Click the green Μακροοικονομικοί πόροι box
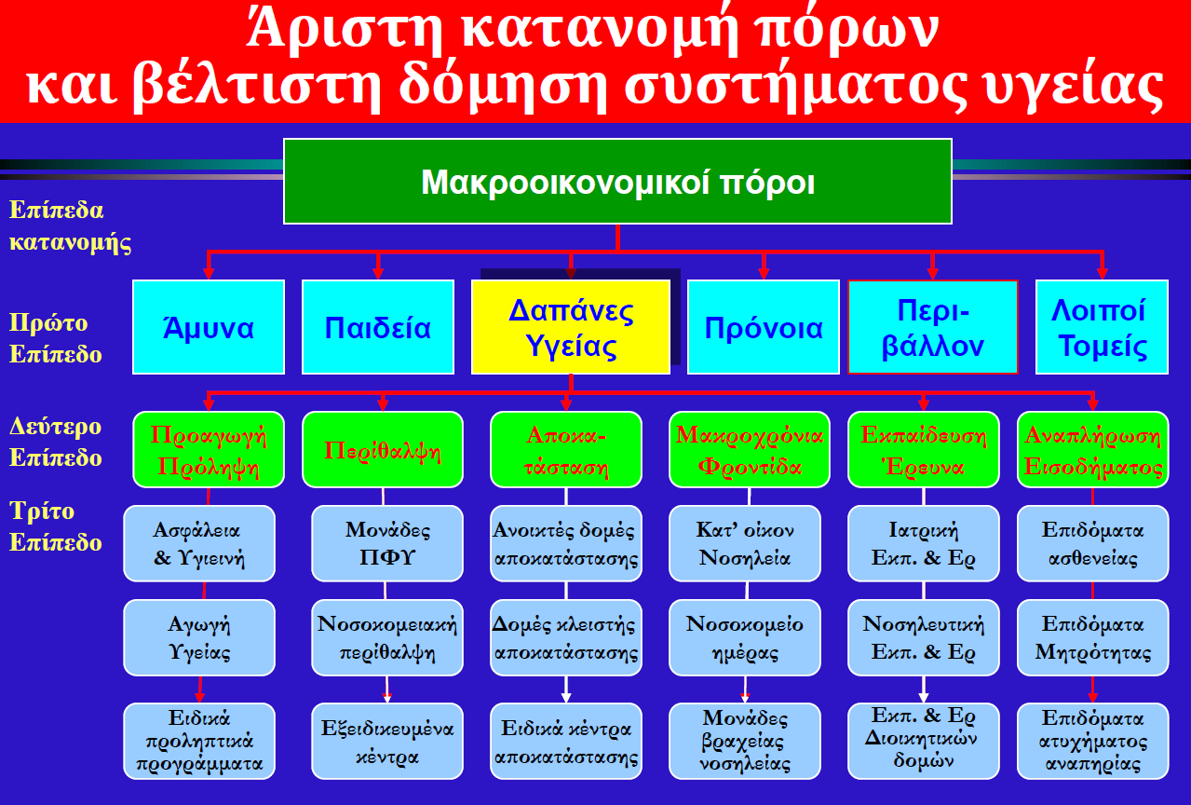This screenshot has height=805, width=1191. [617, 182]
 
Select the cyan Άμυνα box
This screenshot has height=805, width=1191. [209, 327]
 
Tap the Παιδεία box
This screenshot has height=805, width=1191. [378, 327]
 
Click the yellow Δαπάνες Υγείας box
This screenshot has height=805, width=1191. [571, 327]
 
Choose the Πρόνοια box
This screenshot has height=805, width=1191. [764, 327]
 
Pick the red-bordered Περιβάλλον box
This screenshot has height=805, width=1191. [933, 327]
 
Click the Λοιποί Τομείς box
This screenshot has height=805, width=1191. [1102, 327]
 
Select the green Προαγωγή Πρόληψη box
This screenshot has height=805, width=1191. [209, 450]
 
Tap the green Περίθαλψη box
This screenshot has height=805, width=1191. [383, 450]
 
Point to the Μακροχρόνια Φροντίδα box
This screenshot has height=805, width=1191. [750, 450]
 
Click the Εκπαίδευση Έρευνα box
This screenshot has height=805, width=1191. [924, 450]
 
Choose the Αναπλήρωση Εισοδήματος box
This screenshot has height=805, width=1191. [1092, 450]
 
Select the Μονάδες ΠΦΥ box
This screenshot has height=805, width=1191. [387, 543]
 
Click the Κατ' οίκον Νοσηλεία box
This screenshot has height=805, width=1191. [744, 543]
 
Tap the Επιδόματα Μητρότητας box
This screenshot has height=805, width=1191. [1092, 637]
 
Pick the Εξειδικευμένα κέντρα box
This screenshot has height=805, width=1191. [387, 741]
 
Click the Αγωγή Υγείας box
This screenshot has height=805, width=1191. [199, 637]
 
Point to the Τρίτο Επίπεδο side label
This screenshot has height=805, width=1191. [56, 526]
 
